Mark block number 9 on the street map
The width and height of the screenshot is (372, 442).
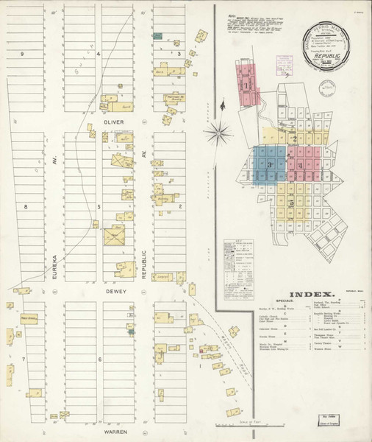23,55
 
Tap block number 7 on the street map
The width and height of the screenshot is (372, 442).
23,359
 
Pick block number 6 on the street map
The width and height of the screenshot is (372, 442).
99,359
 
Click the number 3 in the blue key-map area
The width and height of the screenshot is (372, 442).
270,164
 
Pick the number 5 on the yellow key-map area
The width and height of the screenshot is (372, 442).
292,202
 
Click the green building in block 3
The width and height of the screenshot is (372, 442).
157,35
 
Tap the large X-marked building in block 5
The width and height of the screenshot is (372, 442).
113,237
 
